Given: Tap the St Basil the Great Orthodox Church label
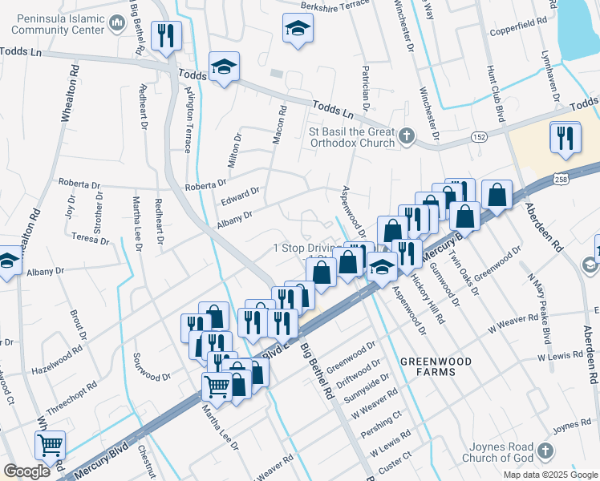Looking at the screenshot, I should coord(352,137).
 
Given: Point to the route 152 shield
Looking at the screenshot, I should coord(477,137).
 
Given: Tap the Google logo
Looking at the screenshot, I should coord(26,471).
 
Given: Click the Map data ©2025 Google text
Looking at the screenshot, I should coord(549,475).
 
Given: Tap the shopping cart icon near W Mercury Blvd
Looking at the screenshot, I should coord(50,444).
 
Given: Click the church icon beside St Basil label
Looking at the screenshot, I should coord(407,135).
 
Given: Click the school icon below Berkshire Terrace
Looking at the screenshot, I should coord(297,29).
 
